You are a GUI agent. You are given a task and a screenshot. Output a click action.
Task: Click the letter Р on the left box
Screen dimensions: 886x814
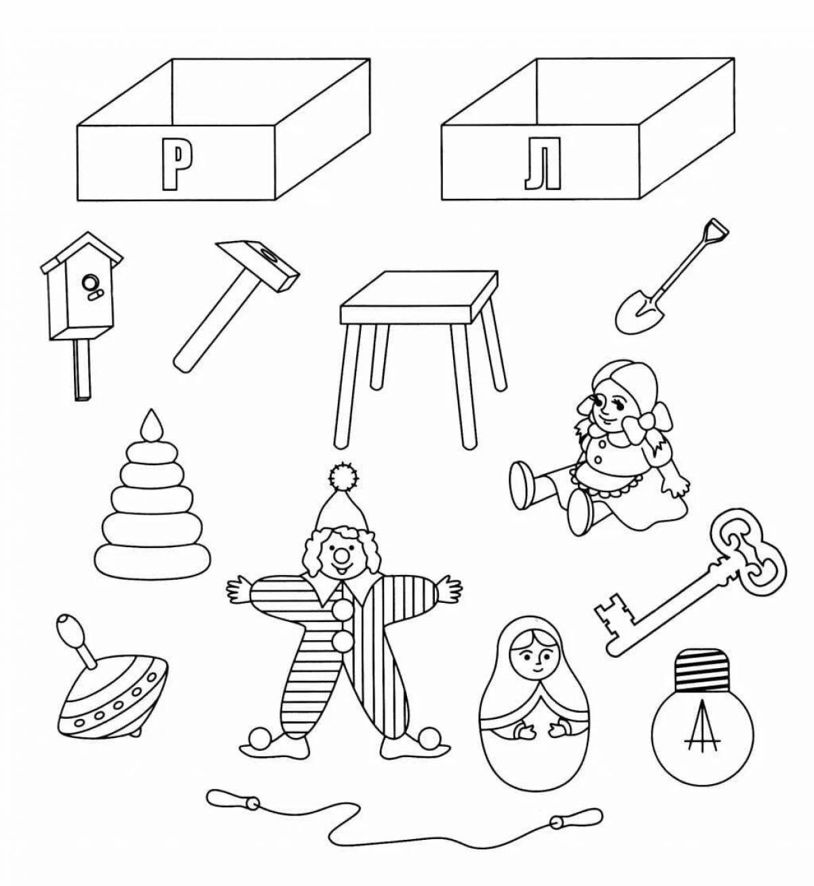[175, 163]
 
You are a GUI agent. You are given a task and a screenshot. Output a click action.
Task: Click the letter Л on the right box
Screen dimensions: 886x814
[543, 163]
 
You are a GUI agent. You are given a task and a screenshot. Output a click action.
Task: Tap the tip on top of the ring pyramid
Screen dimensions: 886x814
[151, 426]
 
